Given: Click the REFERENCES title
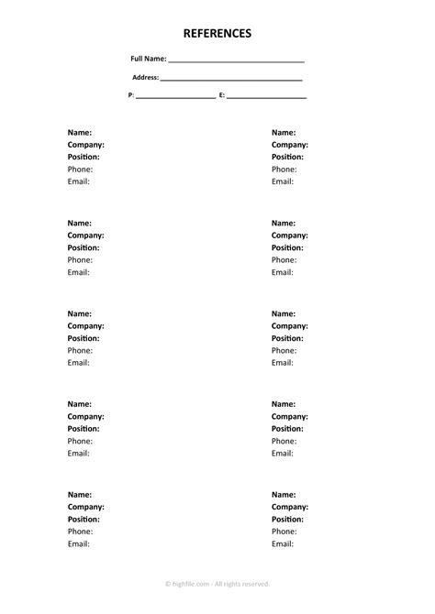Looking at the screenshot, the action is click(x=217, y=34).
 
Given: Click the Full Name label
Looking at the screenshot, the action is click(x=149, y=60).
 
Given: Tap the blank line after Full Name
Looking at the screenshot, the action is click(x=236, y=60).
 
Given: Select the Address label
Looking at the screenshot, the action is click(x=146, y=78).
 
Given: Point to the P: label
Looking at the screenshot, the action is click(x=131, y=95).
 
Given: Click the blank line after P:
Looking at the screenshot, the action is click(x=175, y=96).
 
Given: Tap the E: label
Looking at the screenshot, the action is click(x=222, y=95).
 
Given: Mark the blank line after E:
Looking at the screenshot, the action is click(x=266, y=96).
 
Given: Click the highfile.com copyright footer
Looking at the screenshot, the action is click(x=217, y=583).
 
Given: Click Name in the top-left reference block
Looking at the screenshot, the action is click(x=80, y=133).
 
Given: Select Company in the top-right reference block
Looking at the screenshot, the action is click(x=289, y=145).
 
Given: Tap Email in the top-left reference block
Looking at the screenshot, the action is click(x=79, y=181).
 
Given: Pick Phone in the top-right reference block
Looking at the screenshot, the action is click(x=284, y=170).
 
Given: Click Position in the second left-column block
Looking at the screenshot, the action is click(x=84, y=247).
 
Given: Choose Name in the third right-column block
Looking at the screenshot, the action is click(x=284, y=313).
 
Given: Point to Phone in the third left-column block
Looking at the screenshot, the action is click(x=80, y=350).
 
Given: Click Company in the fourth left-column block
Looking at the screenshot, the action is click(x=85, y=416).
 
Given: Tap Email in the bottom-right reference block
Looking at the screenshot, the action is click(x=283, y=543).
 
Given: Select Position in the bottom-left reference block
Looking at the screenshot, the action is click(x=84, y=519).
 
